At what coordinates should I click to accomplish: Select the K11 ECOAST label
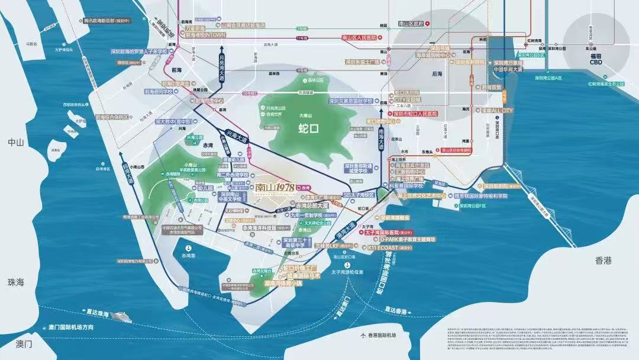click(392, 249)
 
